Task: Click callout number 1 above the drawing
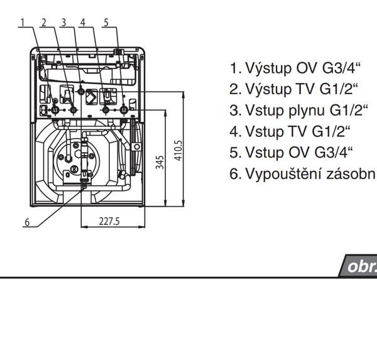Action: click(22, 23)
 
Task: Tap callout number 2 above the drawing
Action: click(43, 23)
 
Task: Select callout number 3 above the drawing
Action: click(64, 23)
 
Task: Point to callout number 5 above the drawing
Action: click(106, 23)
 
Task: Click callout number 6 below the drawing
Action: click(27, 222)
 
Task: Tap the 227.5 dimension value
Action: click(109, 222)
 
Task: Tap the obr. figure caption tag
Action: click(360, 266)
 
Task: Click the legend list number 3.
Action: click(235, 111)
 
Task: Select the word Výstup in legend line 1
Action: click(266, 68)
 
